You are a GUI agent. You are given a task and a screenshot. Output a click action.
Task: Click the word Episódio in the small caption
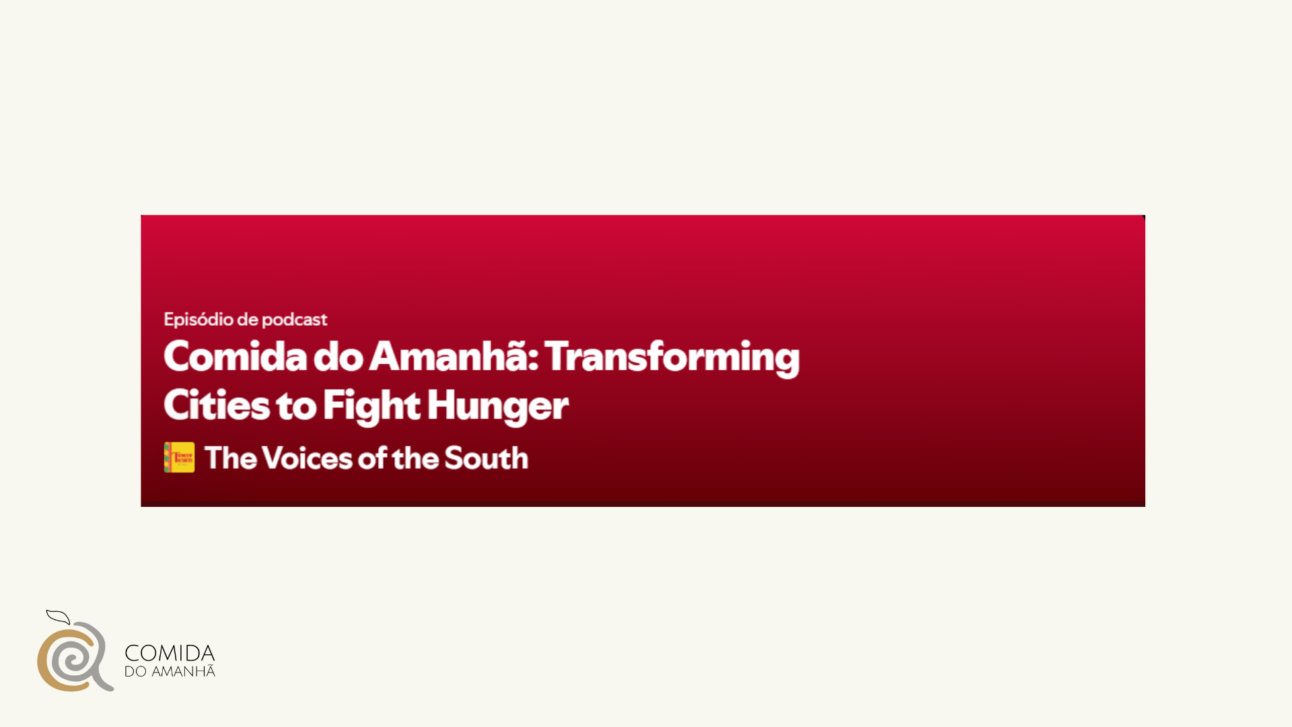click(199, 320)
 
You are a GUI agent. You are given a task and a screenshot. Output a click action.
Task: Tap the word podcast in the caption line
click(294, 320)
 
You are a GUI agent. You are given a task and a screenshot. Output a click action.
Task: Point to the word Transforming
click(672, 357)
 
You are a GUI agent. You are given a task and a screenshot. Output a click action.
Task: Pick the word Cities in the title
click(216, 405)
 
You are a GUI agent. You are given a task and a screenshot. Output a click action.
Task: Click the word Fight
click(372, 406)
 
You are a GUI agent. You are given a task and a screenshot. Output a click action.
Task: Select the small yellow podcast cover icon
click(179, 458)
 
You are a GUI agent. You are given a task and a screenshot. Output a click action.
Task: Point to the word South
click(487, 458)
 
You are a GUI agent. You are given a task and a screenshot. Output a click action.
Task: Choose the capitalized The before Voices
click(231, 458)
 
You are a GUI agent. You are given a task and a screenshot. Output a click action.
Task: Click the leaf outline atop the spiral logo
click(59, 617)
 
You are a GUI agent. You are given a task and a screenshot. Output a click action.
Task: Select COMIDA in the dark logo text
click(170, 653)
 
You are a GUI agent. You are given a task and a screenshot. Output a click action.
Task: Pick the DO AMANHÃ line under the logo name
click(170, 672)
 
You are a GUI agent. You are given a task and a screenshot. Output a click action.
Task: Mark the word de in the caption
click(248, 320)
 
